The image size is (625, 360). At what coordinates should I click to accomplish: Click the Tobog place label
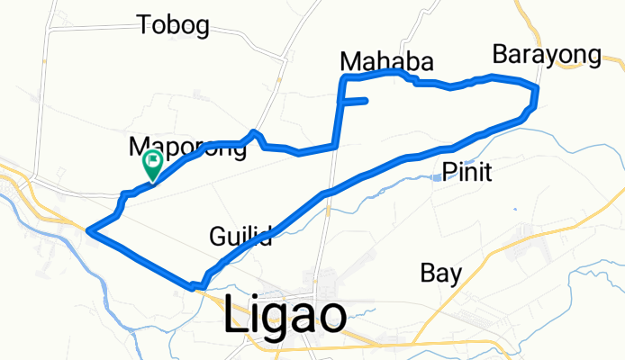pos(173,25)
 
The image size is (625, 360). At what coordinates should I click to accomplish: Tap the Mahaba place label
pos(386,61)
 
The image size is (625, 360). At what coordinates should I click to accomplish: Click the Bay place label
pos(441,273)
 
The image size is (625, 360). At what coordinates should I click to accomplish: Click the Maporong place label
pos(187,148)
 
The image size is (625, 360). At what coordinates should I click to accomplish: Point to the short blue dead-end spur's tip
pos(367,101)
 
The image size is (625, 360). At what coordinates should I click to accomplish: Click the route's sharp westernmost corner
pos(88,231)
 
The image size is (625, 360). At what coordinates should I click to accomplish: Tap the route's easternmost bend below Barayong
pos(537,90)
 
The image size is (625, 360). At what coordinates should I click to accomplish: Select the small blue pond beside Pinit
pos(437,177)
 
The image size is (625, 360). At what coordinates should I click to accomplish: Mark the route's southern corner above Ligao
pos(193,288)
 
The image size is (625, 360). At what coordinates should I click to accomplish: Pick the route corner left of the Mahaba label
pos(341,80)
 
